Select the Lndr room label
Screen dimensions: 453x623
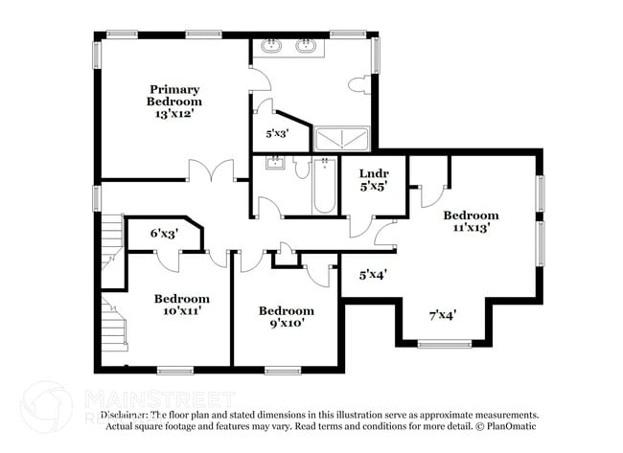373,173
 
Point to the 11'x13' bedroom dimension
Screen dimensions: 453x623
470,228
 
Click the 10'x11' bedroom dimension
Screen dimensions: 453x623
181,311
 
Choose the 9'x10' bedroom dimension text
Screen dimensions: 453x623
286,324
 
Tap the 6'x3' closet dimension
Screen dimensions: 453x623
164,233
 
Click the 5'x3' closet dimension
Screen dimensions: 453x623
276,134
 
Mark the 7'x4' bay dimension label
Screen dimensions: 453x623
442,314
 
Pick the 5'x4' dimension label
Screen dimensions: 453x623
373,275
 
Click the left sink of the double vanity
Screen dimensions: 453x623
273,45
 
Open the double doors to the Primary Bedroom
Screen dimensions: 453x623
211,173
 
